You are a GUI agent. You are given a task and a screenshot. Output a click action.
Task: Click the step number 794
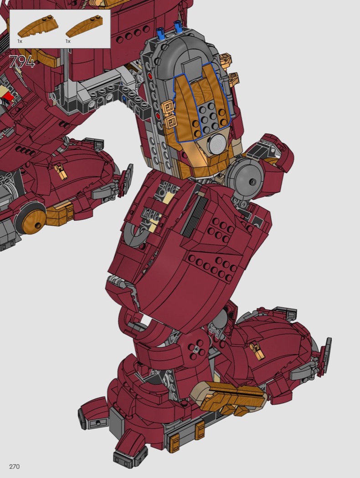point(22,62)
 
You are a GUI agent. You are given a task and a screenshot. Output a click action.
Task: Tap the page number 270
point(14,467)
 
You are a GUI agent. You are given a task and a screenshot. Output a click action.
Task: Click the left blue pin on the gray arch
point(160,33)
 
